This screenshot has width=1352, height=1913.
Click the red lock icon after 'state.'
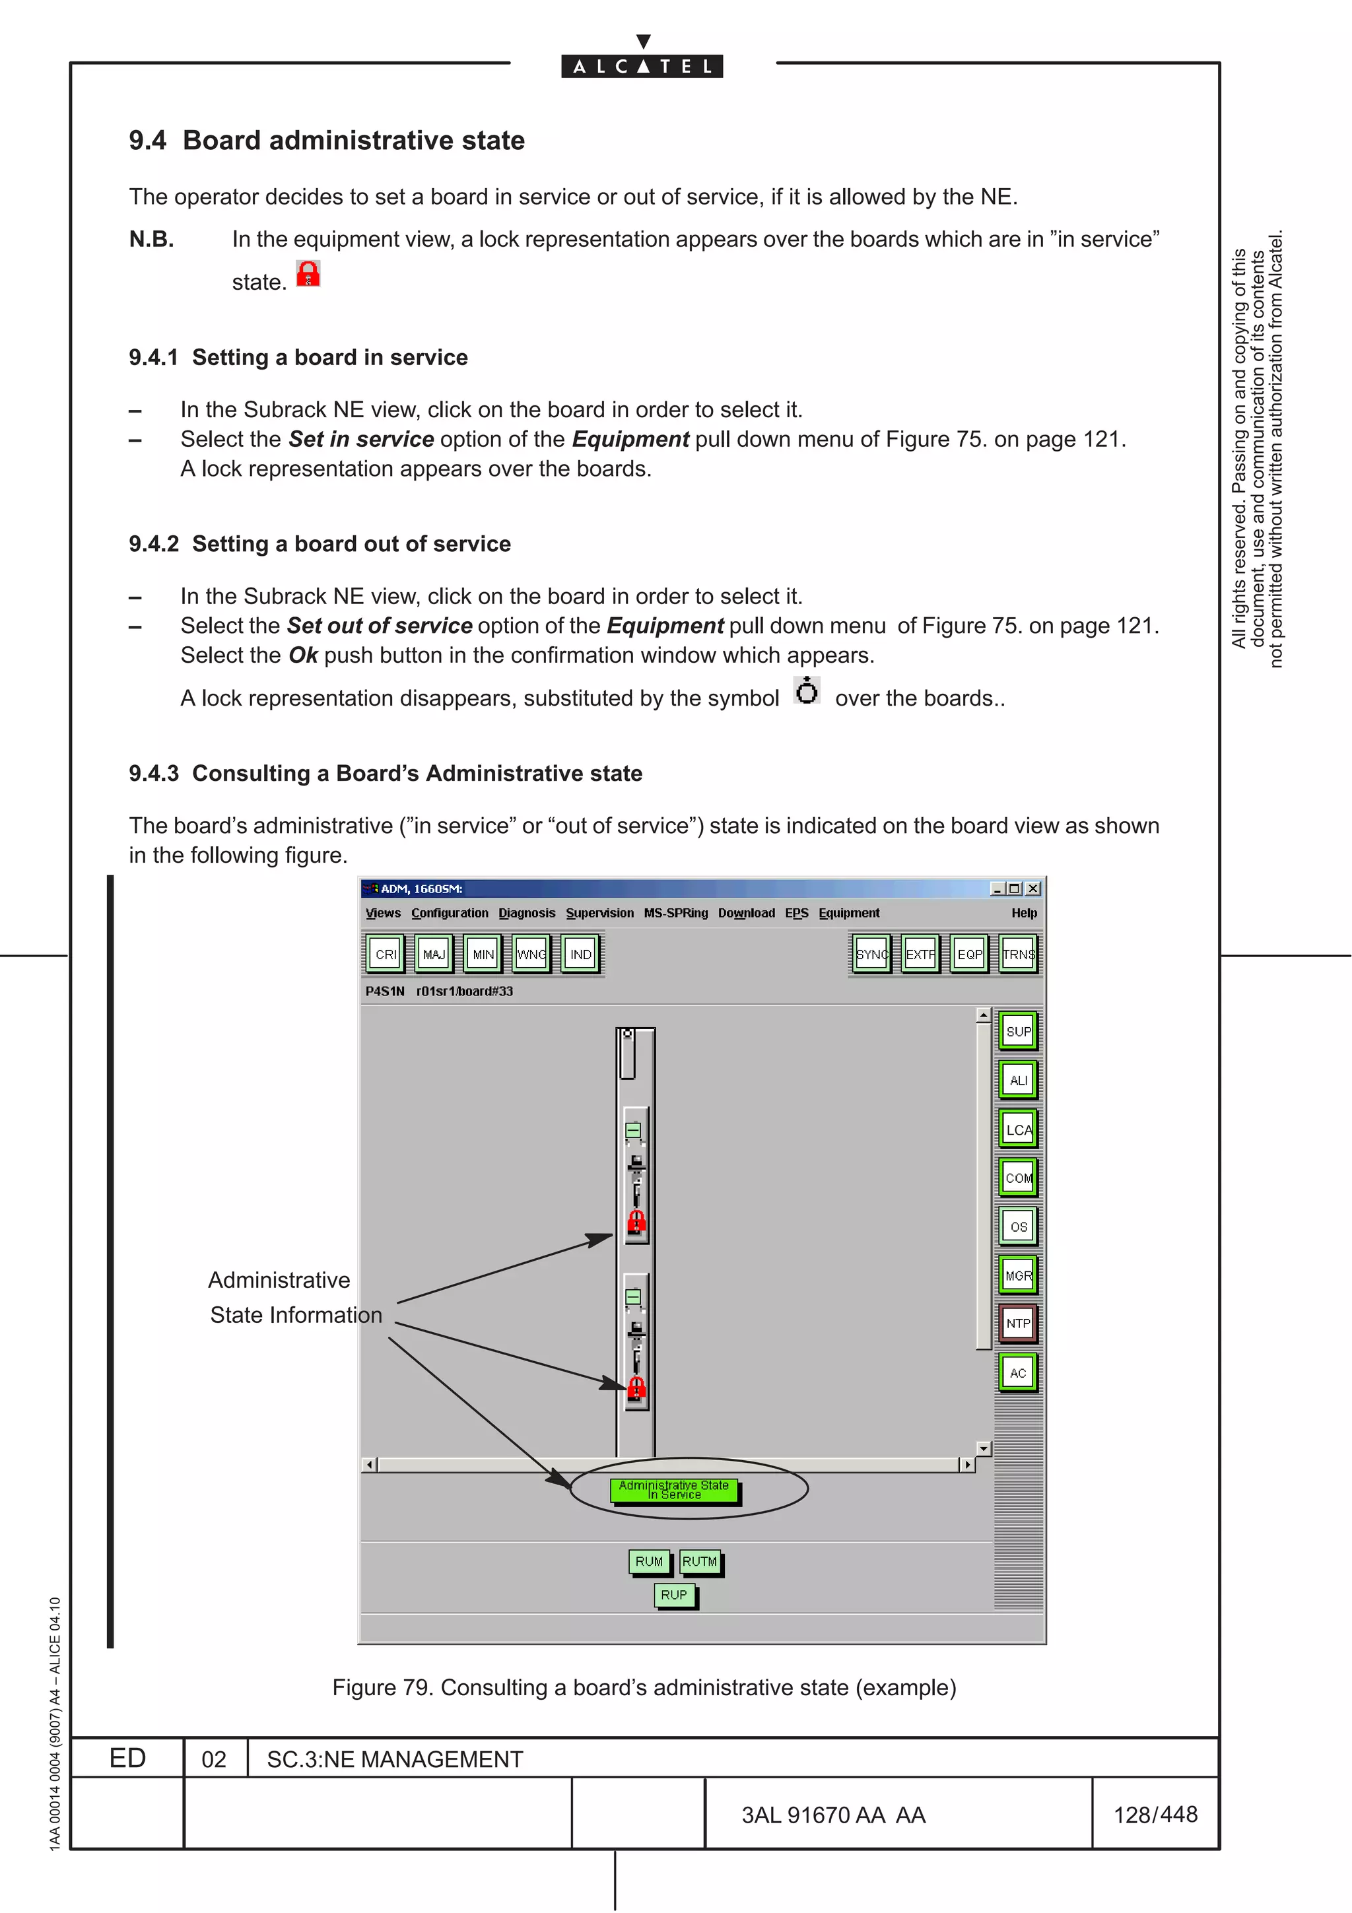pos(308,274)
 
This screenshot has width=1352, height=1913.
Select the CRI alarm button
pos(386,954)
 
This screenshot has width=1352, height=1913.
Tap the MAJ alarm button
pos(434,954)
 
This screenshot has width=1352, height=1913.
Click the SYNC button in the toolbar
pos(871,954)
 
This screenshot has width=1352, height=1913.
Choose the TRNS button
pos(1018,954)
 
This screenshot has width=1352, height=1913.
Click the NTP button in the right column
pos(1017,1323)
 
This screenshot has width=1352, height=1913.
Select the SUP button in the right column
pos(1017,1032)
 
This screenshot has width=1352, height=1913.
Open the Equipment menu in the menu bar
pos(848,913)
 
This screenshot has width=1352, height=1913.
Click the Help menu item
pos(1024,913)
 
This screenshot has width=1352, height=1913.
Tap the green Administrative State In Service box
pos(674,1490)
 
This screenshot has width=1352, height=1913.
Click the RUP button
pos(674,1595)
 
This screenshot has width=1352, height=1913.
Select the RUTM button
pos(700,1561)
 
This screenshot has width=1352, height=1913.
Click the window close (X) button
pos(1033,889)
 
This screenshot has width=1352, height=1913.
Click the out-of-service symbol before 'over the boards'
pos(806,690)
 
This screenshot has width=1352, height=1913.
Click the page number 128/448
pos(1155,1815)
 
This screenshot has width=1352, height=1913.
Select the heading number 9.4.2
pos(154,544)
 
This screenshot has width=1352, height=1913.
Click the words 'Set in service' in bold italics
pos(360,439)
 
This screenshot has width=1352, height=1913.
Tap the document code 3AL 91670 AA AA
pos(833,1815)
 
